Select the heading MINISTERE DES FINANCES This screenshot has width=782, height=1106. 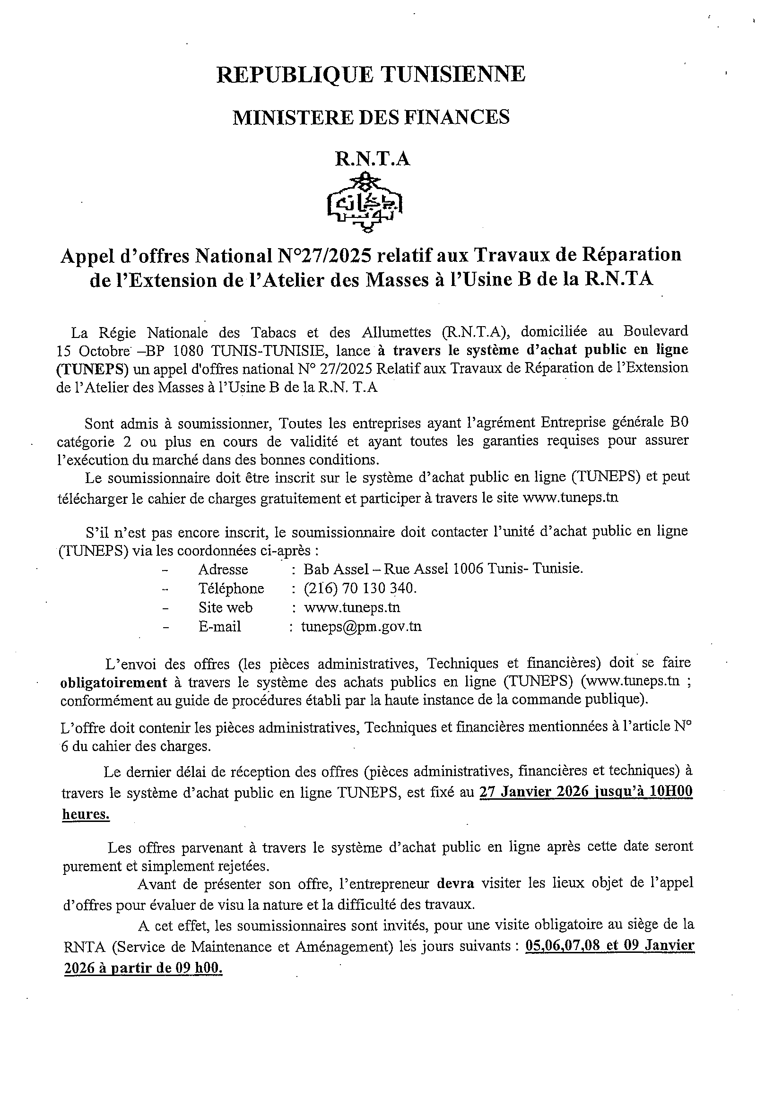[371, 117]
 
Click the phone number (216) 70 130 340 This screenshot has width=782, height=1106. [360, 588]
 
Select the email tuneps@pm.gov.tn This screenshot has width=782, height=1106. [361, 626]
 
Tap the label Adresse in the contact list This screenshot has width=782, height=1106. [223, 570]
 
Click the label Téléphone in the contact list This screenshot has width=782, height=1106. [231, 588]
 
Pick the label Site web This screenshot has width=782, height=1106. [225, 607]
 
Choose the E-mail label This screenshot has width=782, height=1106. [219, 626]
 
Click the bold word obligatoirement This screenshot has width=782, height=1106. [114, 683]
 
